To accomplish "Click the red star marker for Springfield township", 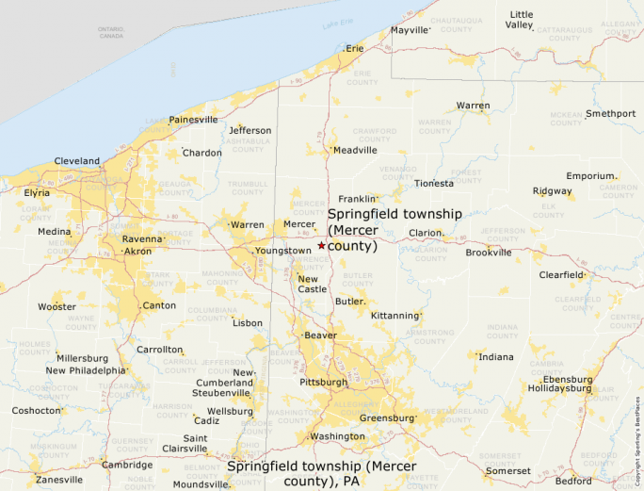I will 321,245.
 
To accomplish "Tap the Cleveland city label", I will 77,161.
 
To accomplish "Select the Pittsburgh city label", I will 323,382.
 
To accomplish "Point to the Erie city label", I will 354,48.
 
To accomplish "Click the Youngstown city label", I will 282,251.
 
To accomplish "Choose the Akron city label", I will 137,252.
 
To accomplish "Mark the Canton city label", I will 158,305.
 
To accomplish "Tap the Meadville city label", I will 355,150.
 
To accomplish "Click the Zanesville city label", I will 59,479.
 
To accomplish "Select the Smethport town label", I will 610,114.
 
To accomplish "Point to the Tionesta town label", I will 433,184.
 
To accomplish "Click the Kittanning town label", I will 395,315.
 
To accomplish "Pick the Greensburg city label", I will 387,417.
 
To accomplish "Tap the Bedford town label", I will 573,481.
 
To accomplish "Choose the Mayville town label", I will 410,30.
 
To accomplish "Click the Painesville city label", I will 193,120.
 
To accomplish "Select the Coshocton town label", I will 36,411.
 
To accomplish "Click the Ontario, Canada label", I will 111,32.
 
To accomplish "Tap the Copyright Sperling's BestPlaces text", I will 637,433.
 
